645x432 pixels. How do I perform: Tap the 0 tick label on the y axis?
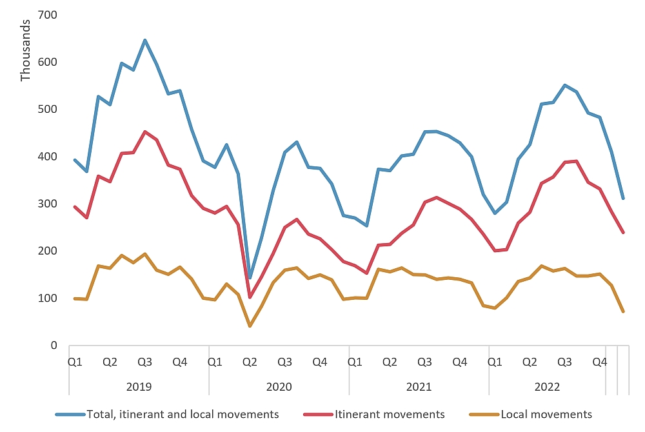point(54,346)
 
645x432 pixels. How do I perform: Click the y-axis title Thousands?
point(25,51)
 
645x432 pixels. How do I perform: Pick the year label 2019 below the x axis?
point(139,387)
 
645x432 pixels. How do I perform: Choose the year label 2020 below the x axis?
point(279,387)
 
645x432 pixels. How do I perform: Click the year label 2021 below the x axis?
point(419,387)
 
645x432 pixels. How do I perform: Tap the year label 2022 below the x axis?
point(547,387)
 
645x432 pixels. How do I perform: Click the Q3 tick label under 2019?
point(145,362)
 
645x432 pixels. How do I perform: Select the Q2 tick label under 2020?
point(250,362)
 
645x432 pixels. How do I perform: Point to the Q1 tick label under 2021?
point(355,362)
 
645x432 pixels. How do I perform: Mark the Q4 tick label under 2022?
point(600,362)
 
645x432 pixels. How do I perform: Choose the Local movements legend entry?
point(546,414)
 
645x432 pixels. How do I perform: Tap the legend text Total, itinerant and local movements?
point(183,414)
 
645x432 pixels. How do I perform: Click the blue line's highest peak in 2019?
point(145,40)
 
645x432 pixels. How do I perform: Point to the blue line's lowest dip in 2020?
point(250,278)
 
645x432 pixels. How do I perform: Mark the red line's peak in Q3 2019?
point(145,132)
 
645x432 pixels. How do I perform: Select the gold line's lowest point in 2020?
point(250,326)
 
